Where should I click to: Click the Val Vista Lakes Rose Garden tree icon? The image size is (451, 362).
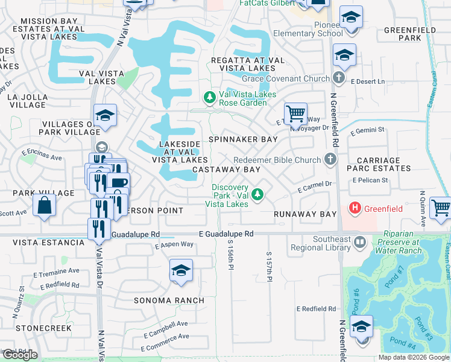(210, 98)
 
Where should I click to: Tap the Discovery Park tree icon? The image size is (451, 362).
(257, 194)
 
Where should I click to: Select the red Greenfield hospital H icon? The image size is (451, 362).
(356, 209)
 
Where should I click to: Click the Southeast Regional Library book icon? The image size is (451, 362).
(360, 243)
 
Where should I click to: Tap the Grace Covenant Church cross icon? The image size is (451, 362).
(339, 78)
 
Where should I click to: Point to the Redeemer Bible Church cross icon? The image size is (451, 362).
(329, 160)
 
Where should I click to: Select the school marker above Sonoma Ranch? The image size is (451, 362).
(180, 271)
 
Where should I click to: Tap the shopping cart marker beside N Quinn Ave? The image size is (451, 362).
(442, 208)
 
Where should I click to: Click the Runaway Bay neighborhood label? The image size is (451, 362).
(304, 214)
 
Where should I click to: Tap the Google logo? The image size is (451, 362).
(20, 355)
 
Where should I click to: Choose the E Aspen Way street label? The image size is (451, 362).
(174, 245)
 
